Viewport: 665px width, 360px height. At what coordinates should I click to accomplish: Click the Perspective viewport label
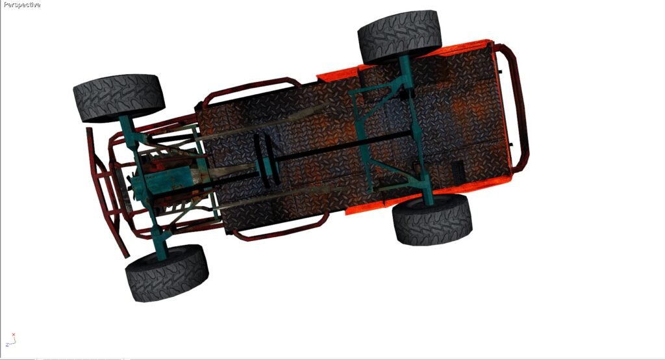tap(21, 5)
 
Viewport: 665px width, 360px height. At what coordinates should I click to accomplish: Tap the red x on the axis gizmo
tap(14, 335)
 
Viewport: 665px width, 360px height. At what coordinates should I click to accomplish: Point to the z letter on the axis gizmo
tap(7, 344)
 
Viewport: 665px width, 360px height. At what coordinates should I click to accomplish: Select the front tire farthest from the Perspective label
tap(167, 273)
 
